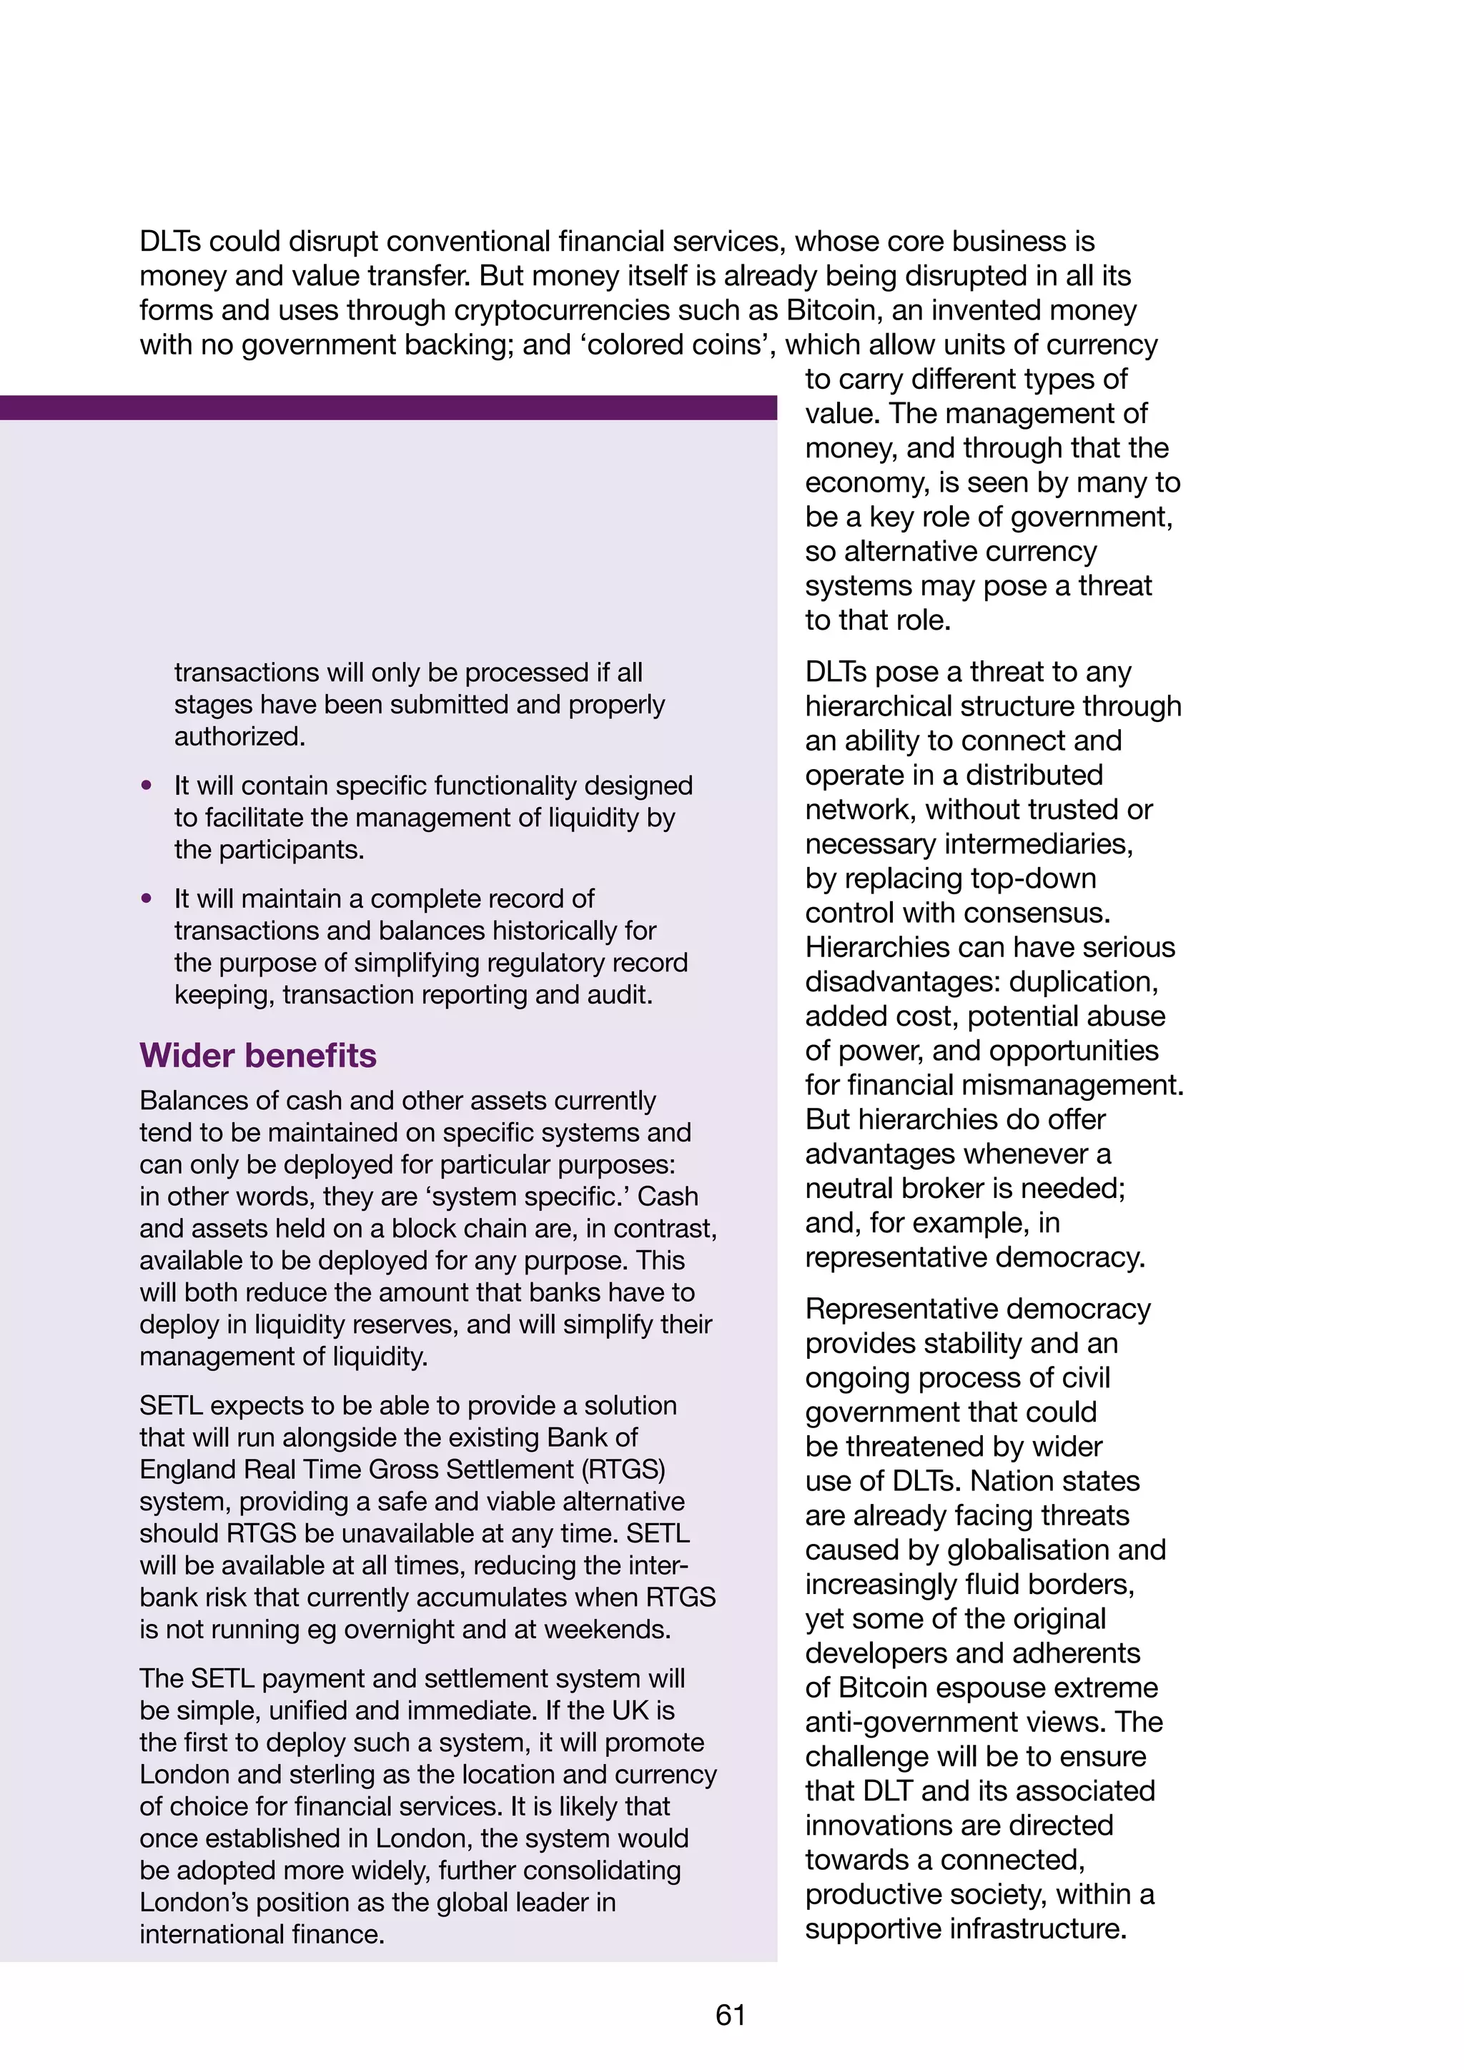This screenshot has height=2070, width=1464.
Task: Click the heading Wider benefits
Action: pyautogui.click(x=258, y=1055)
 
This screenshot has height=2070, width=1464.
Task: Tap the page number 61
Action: pyautogui.click(x=730, y=2014)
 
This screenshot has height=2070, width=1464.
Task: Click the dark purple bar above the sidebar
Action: pyautogui.click(x=387, y=407)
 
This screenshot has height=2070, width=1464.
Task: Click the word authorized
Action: pyautogui.click(x=239, y=737)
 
